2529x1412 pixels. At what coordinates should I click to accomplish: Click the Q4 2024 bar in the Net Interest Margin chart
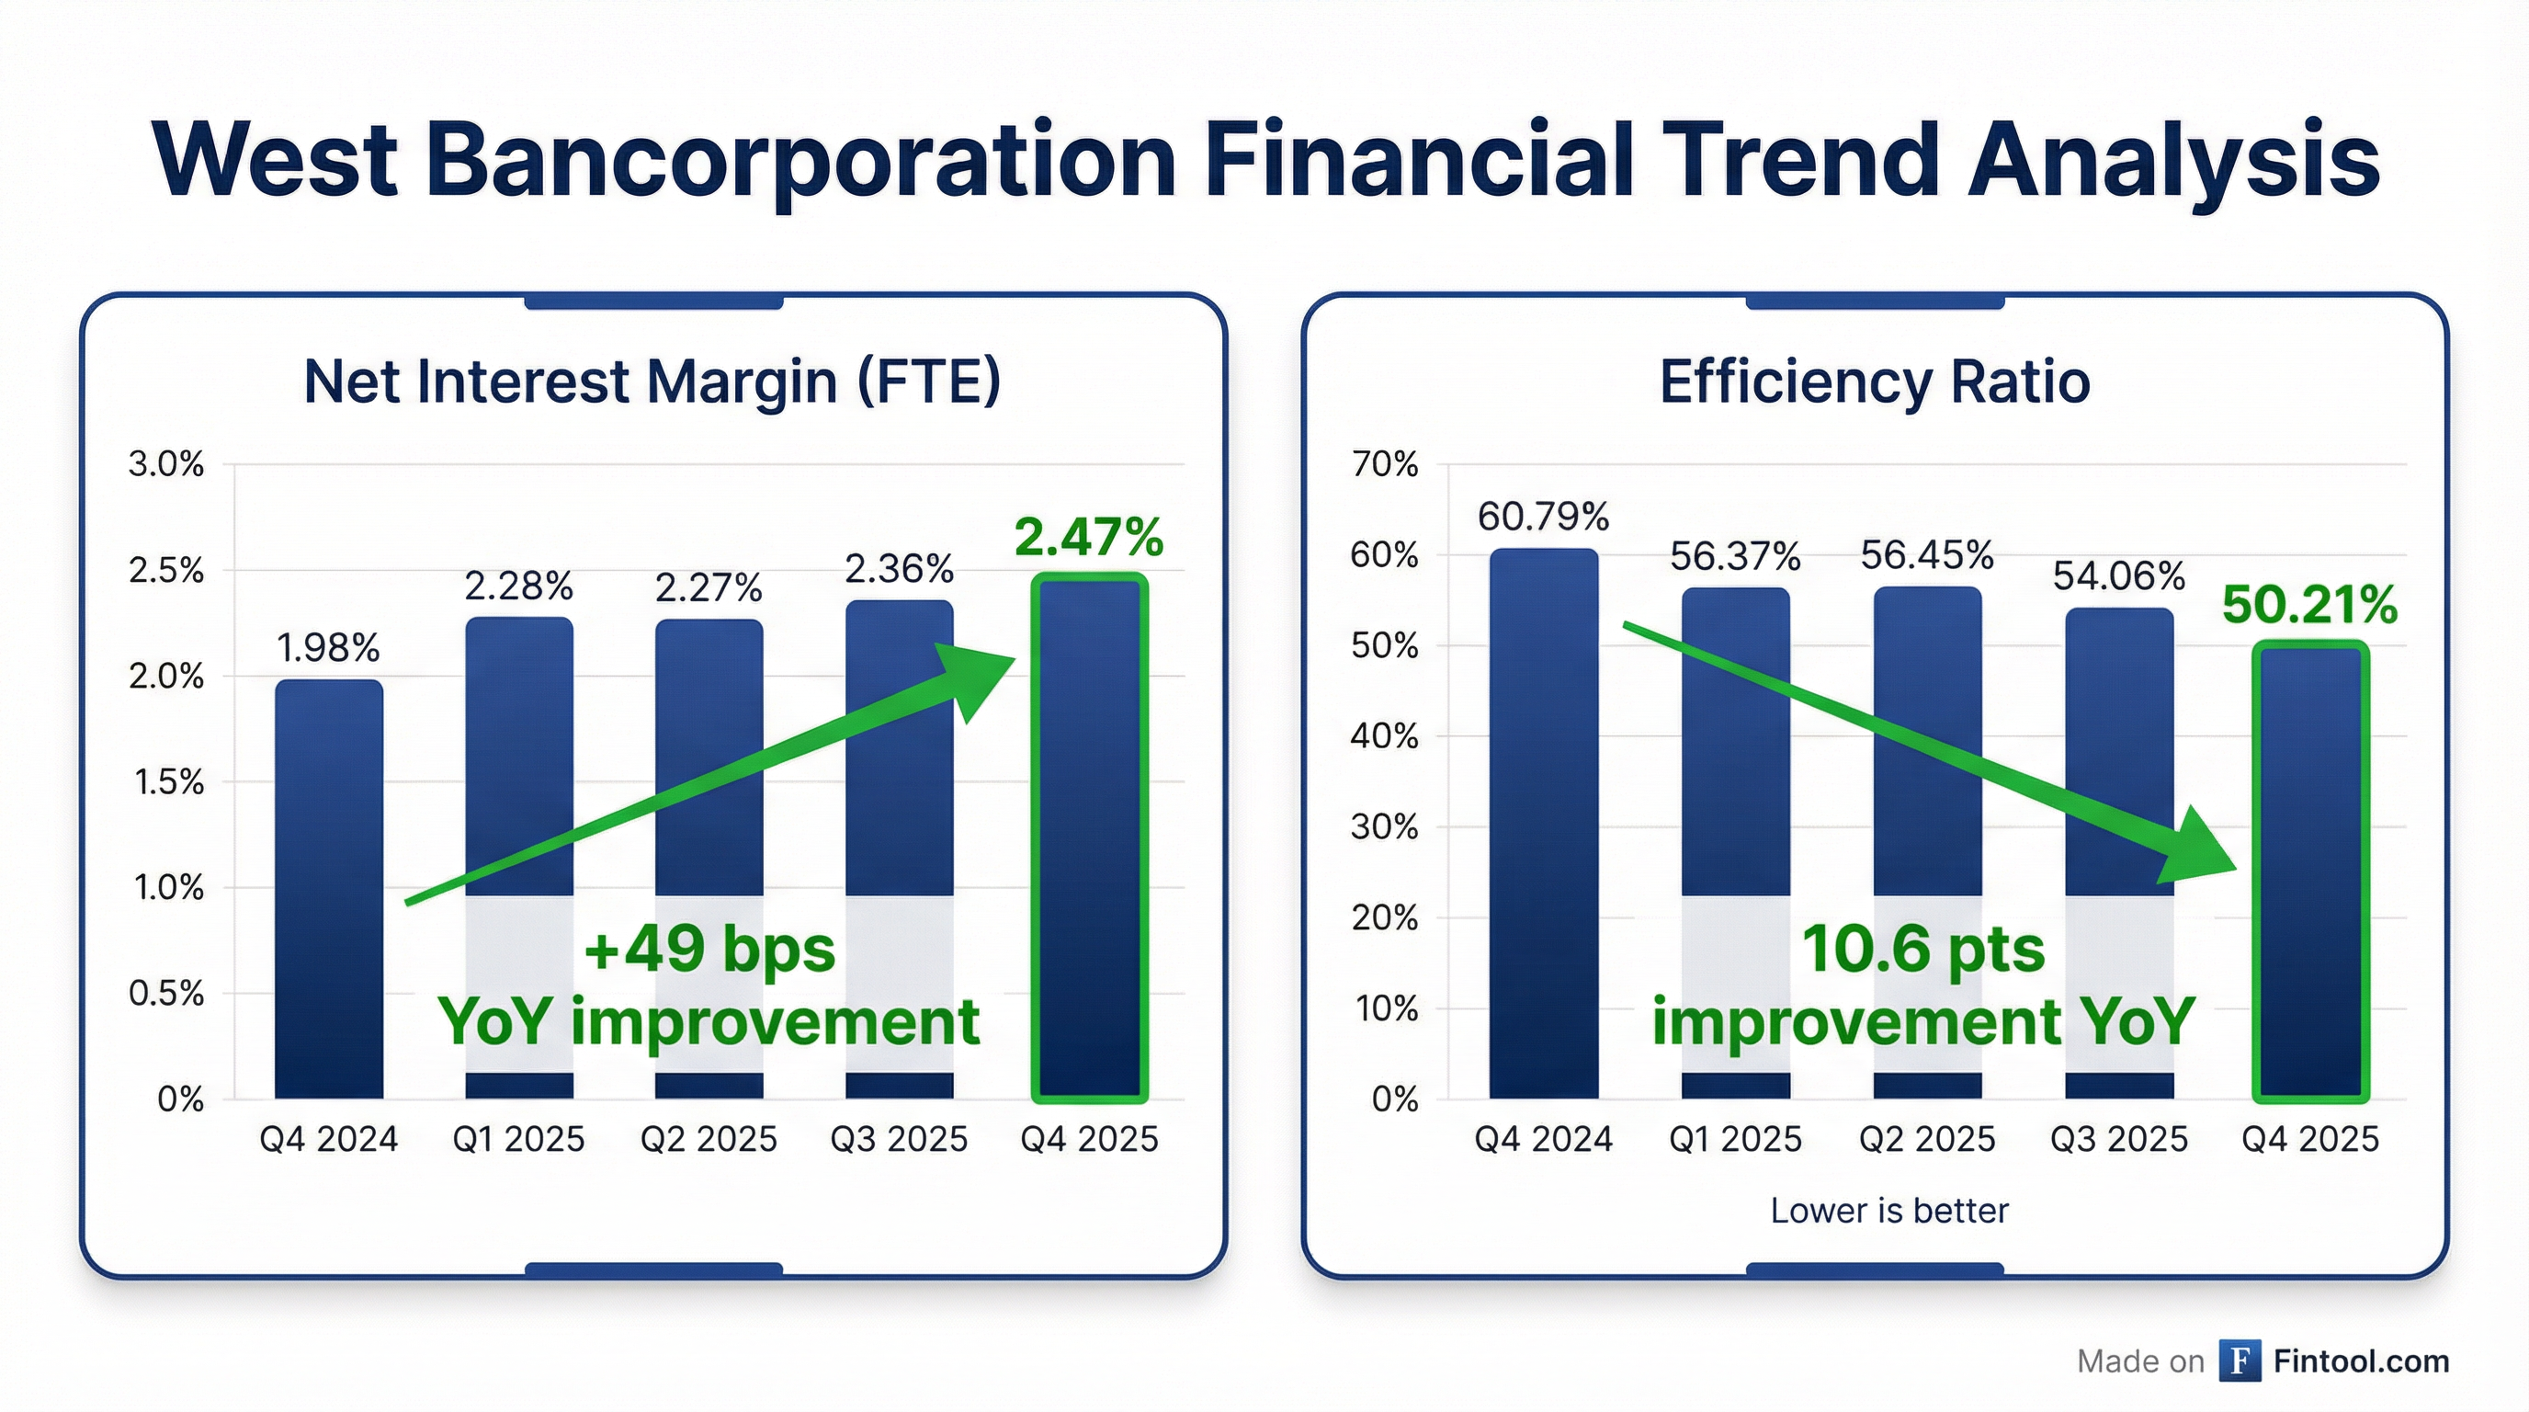pos(329,889)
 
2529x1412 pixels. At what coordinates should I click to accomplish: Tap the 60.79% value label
pos(1543,517)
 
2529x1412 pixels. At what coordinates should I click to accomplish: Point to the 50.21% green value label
pos(2309,604)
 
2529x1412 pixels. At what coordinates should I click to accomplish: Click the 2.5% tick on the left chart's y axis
pos(167,571)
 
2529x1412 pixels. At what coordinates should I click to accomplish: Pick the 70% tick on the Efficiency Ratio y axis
pos(1384,464)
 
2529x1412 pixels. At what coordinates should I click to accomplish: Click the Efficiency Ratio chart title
pos(1874,382)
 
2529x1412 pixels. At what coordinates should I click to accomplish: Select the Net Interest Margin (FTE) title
pos(652,382)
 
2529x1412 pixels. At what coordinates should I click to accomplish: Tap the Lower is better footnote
pos(1888,1211)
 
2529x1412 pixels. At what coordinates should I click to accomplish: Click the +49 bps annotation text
pos(709,950)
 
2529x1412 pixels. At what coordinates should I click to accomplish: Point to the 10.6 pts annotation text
pos(1922,950)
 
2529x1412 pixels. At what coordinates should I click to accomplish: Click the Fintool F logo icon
pos(2240,1361)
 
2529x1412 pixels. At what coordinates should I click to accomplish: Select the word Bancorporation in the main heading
pos(800,160)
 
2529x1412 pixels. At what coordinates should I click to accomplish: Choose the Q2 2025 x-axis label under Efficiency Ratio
pos(1926,1139)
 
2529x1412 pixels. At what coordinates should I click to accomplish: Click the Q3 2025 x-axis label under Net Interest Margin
pos(899,1139)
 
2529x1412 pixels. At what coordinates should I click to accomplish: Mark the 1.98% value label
pos(328,648)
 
